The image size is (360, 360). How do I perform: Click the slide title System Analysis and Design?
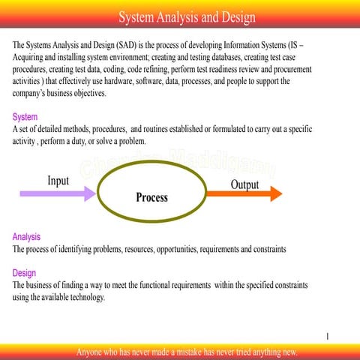187,17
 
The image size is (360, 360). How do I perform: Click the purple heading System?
25,117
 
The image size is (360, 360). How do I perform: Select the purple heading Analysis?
27,236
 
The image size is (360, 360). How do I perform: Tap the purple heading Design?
24,273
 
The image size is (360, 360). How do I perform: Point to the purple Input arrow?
57,193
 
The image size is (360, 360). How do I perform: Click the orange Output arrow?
244,194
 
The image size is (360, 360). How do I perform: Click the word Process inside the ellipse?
151,198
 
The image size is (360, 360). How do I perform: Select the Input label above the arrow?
58,181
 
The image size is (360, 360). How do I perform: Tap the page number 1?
328,337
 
